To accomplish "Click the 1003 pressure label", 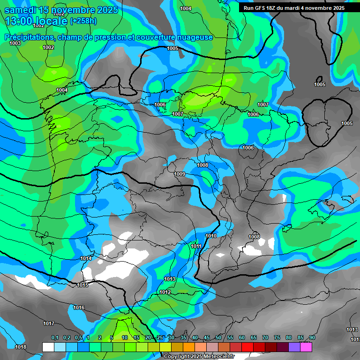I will (15, 43).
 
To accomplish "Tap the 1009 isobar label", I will (180, 174).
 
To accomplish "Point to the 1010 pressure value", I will (211, 236).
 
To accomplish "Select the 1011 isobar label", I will (196, 246).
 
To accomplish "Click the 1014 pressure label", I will (86, 259).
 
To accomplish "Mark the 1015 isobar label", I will (82, 285).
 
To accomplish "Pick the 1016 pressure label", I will (79, 307).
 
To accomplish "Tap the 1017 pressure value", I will (49, 323).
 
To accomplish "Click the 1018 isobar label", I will (21, 347).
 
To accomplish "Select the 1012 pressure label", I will (165, 292).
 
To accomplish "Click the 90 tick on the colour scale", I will (312, 338).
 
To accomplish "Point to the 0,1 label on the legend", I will (55, 338).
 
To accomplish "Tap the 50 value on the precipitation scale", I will (218, 338).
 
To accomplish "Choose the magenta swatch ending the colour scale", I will (306, 347).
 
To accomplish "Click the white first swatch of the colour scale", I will (48, 347).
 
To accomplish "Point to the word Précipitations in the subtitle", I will (29, 37).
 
